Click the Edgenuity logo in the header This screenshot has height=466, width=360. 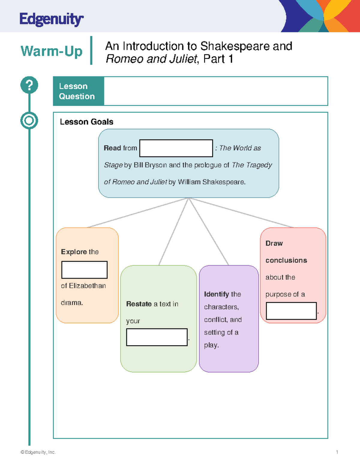tap(51, 20)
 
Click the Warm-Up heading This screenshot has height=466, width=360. tap(51, 51)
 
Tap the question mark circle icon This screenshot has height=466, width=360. tap(29, 85)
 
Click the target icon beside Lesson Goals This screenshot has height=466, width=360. tap(29, 121)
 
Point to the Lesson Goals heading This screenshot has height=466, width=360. tap(86, 122)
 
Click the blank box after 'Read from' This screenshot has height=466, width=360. tap(176, 148)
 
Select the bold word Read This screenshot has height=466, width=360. tap(112, 148)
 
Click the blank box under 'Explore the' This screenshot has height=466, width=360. tap(84, 270)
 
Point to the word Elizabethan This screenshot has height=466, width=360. tap(87, 286)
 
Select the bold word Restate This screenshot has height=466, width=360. tap(139, 304)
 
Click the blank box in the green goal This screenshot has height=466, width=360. tap(157, 337)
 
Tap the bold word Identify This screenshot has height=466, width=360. tap(216, 294)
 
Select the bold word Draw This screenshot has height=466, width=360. tap(274, 243)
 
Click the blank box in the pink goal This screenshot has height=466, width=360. tap(291, 311)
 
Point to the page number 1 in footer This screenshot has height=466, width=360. tap(337, 452)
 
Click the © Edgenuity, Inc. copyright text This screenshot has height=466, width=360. tap(38, 452)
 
